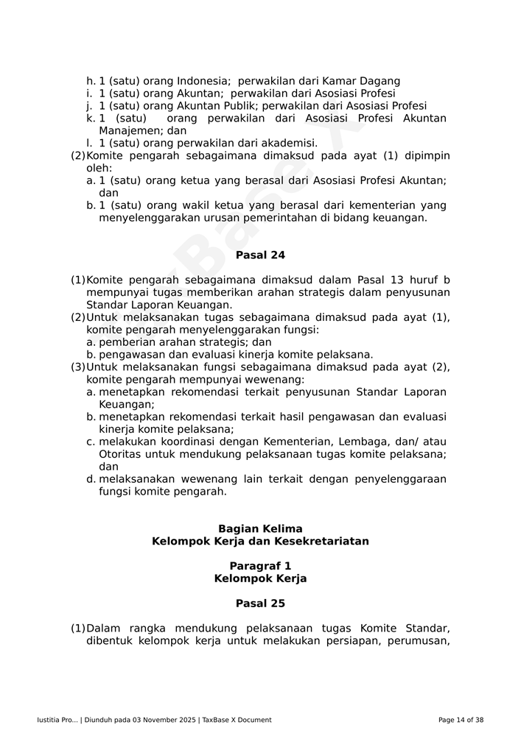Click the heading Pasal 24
[260, 255]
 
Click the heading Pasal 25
[260, 604]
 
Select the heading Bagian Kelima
[260, 529]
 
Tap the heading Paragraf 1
[260, 566]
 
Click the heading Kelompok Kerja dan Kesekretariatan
[260, 542]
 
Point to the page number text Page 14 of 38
[461, 720]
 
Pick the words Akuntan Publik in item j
[216, 106]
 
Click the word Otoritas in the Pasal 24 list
[120, 454]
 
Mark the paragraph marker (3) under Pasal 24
[77, 367]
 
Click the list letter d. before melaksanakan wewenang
[91, 479]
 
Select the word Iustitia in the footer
[49, 720]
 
